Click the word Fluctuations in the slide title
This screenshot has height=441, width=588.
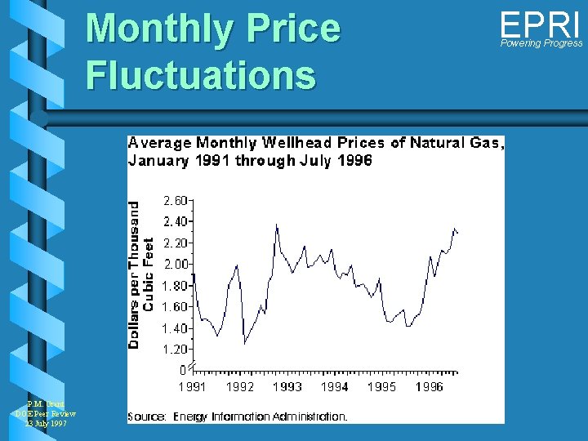click(200, 75)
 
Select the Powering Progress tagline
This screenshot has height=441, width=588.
click(541, 43)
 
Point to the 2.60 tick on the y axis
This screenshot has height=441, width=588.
click(176, 200)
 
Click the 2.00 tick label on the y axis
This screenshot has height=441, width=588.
click(176, 264)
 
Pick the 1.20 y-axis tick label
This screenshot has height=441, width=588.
click(176, 350)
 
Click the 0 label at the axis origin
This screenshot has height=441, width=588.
click(183, 370)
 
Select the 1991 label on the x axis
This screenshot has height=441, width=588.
click(192, 386)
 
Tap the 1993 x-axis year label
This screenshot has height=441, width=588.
click(287, 386)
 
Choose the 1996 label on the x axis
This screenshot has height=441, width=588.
click(429, 386)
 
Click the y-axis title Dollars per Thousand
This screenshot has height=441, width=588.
click(134, 275)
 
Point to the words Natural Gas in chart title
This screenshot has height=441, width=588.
click(457, 143)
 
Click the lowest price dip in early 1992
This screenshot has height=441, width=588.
click(245, 344)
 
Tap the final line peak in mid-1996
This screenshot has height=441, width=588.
click(454, 229)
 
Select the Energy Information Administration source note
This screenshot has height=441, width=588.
click(260, 416)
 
